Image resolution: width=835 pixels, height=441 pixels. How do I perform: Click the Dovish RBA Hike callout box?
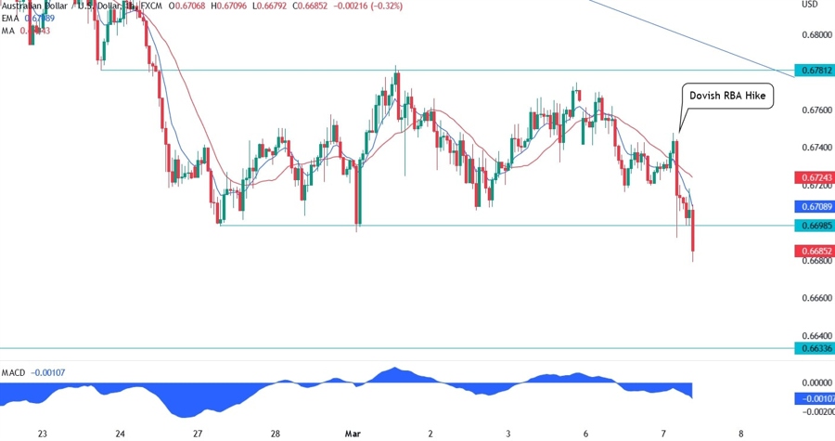tap(728, 97)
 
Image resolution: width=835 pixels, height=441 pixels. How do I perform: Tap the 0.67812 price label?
tap(814, 71)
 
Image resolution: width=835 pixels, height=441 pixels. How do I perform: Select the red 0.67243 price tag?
tap(814, 176)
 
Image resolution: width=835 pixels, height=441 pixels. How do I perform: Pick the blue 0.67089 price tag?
tap(814, 207)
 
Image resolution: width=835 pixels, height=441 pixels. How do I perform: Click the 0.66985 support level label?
tap(814, 226)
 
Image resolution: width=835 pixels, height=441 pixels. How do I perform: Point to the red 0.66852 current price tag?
tap(814, 252)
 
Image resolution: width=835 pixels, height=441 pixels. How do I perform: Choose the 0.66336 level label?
tap(814, 348)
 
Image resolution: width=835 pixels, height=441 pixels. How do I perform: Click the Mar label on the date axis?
tap(353, 433)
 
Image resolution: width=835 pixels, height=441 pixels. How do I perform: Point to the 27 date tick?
tap(199, 433)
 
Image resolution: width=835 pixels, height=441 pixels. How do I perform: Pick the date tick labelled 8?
tap(739, 433)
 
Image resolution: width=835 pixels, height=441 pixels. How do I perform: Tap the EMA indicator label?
tap(11, 19)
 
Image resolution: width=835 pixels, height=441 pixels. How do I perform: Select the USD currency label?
tap(809, 5)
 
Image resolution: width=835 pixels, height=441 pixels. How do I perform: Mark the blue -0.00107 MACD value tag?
tap(814, 399)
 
